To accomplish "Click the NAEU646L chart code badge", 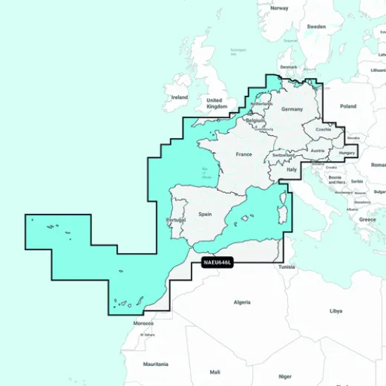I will click(217, 262).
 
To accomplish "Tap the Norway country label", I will click(279, 8).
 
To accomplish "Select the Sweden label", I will click(316, 26).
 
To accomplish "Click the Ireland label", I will click(179, 97).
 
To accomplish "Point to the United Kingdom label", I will click(216, 103).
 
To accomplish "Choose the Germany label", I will click(292, 109).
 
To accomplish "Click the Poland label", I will click(348, 106).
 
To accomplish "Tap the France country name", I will click(243, 154).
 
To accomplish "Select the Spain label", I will click(206, 214).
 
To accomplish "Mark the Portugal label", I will click(176, 220).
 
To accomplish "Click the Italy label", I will click(292, 169).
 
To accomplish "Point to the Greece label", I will click(367, 220).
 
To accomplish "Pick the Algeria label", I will click(242, 302).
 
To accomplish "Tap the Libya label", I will click(336, 310).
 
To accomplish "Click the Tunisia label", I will click(287, 266).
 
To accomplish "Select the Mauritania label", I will click(156, 364).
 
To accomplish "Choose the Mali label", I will click(215, 371).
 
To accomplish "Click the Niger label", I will click(285, 376).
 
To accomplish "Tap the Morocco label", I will click(143, 324).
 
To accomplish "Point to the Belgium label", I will click(255, 120).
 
